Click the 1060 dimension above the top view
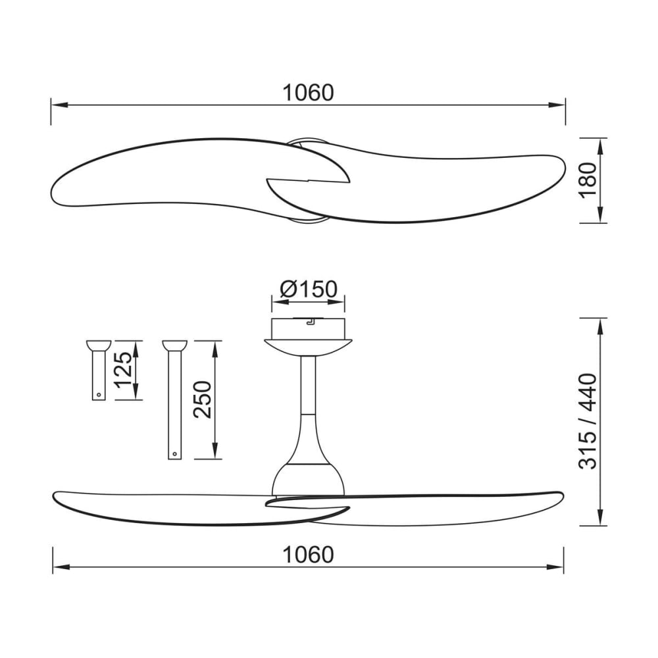coord(308,93)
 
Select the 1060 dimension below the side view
coord(308,555)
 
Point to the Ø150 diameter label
coord(308,289)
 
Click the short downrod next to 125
coord(98,375)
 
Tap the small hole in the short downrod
coord(98,395)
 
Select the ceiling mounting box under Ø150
coord(308,328)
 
